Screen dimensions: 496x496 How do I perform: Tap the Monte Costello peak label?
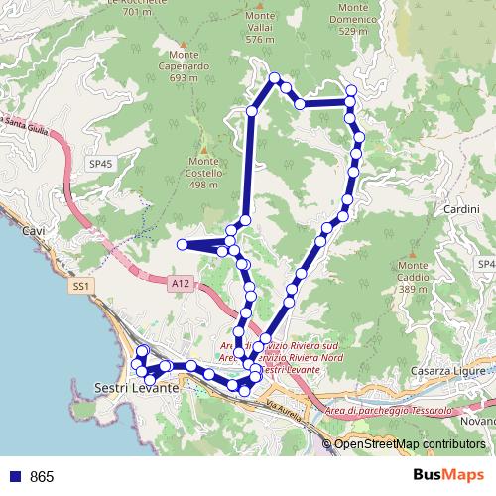pos(203,172)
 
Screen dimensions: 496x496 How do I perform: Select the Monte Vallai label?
pos(260,31)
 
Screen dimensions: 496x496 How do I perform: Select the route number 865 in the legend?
pos(42,476)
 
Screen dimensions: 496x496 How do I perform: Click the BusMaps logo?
pos(448,475)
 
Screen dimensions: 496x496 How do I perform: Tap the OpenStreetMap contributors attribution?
pos(409,444)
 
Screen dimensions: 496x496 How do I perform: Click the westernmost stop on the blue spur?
pos(182,244)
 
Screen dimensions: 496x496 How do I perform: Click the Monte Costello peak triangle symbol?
pos(203,149)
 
